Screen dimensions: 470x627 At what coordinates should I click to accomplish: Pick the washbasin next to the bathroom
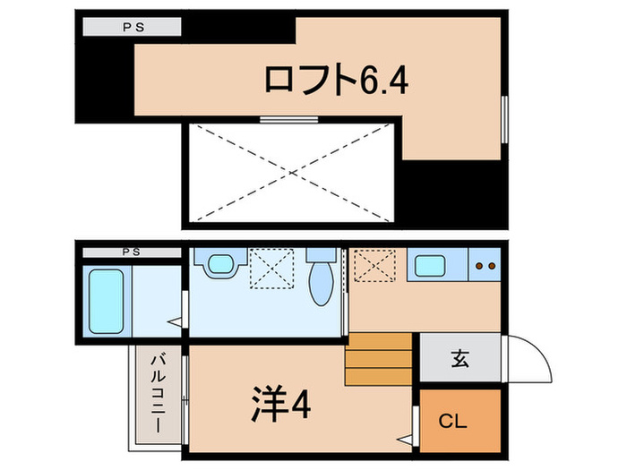coord(218,265)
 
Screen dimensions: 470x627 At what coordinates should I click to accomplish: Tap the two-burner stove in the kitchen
coord(487,266)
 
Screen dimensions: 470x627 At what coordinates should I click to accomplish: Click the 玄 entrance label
coord(460,361)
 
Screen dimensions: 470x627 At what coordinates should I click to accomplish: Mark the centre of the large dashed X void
coord(293,173)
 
